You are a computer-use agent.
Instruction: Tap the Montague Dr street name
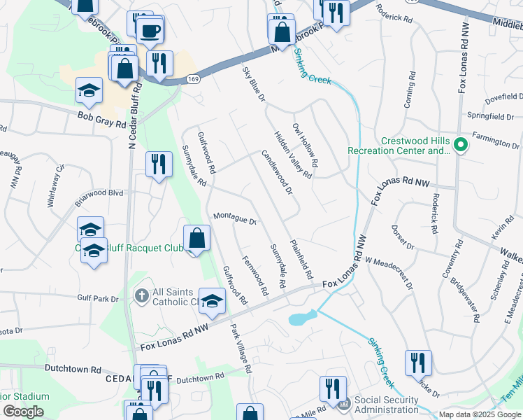pyautogui.click(x=236, y=219)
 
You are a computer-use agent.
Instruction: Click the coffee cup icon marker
pyautogui.click(x=150, y=31)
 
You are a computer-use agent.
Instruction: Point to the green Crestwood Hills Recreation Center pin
pyautogui.click(x=460, y=146)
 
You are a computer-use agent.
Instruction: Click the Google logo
pyautogui.click(x=23, y=412)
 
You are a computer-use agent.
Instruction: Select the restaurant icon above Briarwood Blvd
pyautogui.click(x=159, y=165)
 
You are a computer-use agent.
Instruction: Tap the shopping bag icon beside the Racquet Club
pyautogui.click(x=198, y=238)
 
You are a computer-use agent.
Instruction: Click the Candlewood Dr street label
pyautogui.click(x=277, y=171)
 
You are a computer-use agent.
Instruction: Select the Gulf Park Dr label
pyautogui.click(x=99, y=299)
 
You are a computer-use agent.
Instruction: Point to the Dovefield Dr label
pyautogui.click(x=503, y=97)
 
